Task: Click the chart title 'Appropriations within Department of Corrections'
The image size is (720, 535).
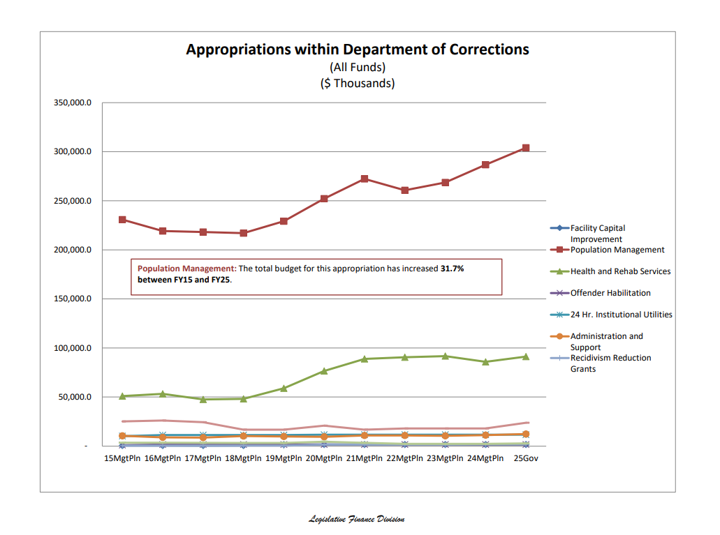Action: tap(357, 50)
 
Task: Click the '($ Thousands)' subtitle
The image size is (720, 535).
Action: tap(357, 83)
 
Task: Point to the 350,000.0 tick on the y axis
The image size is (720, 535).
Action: tap(73, 103)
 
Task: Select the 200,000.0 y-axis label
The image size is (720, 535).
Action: tap(73, 250)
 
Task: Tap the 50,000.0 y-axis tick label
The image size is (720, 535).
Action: tap(75, 397)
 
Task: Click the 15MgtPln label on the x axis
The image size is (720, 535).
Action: tap(123, 458)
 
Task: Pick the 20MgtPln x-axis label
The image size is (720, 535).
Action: tap(324, 458)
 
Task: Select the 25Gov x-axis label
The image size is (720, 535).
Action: tap(526, 458)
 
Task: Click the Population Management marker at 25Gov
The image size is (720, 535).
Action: tap(526, 148)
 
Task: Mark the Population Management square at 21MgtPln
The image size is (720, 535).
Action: tap(365, 179)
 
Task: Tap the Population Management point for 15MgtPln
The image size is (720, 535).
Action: tap(123, 220)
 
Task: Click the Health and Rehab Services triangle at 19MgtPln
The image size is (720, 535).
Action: tap(284, 388)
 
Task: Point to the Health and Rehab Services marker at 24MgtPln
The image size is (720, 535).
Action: tap(485, 361)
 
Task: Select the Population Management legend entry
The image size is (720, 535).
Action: tap(617, 250)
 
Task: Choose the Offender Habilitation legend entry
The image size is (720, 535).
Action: tap(610, 293)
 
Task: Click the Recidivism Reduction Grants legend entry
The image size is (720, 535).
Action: tap(610, 363)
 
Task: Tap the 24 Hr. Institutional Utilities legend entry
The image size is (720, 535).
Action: tap(621, 315)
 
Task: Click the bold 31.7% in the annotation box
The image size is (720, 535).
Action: tap(452, 269)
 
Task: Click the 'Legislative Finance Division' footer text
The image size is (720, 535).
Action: tap(357, 519)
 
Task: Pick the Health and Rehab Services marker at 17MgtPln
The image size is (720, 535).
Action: tap(203, 399)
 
